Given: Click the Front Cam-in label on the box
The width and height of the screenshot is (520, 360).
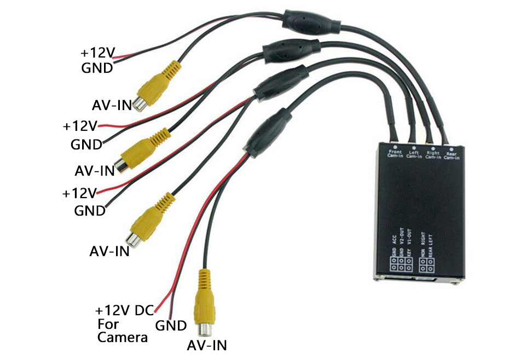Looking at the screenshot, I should (x=395, y=154).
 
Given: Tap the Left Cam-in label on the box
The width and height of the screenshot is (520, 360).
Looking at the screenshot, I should (x=414, y=155).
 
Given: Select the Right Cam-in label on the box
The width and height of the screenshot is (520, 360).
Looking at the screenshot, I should (x=433, y=155).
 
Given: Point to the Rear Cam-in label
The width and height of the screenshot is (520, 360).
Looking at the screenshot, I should (x=452, y=156).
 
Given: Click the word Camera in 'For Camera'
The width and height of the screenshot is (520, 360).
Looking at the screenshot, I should (x=123, y=337).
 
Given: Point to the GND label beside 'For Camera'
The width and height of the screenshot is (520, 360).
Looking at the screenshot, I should (x=171, y=326).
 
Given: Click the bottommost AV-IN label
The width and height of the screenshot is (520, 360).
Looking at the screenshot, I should (x=206, y=345).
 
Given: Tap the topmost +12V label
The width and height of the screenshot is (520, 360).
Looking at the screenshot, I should (x=97, y=53).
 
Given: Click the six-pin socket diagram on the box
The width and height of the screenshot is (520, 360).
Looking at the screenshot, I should (x=401, y=263).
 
